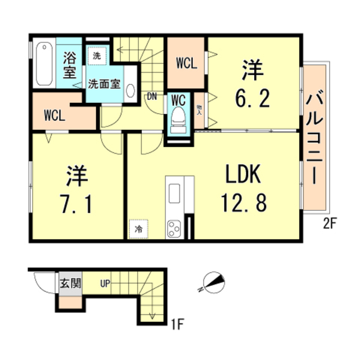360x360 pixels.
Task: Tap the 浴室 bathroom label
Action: [x=70, y=65]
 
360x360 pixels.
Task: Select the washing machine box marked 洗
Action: [x=96, y=56]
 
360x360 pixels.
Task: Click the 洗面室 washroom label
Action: [x=103, y=84]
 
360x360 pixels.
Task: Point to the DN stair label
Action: [x=152, y=96]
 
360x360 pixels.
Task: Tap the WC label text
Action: [x=178, y=100]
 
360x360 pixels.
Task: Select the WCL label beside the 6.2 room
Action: [x=186, y=63]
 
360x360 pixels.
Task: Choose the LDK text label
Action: [x=243, y=176]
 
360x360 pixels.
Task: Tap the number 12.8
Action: [x=243, y=202]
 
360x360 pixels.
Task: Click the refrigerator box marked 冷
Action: [x=138, y=229]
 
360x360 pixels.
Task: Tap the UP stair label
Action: [x=105, y=283]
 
